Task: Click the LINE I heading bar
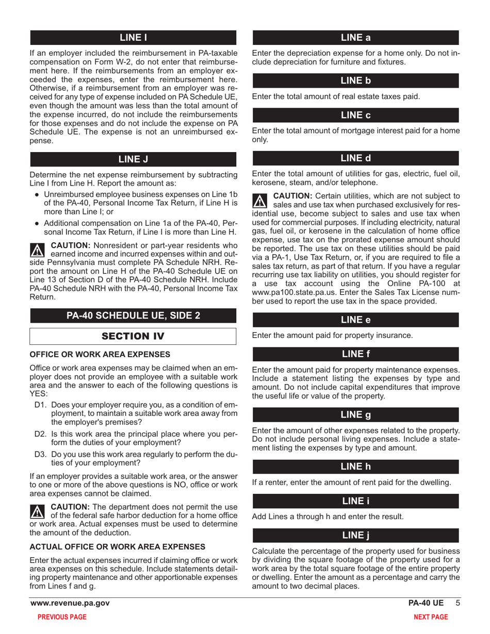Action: [x=133, y=37]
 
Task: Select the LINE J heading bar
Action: [x=133, y=159]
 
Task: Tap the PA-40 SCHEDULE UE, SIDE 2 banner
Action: [x=133, y=315]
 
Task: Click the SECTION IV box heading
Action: [x=133, y=336]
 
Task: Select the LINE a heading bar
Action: [x=355, y=37]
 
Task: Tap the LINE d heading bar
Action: [x=355, y=158]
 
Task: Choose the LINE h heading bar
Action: [x=355, y=467]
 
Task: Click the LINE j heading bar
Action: [x=355, y=536]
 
